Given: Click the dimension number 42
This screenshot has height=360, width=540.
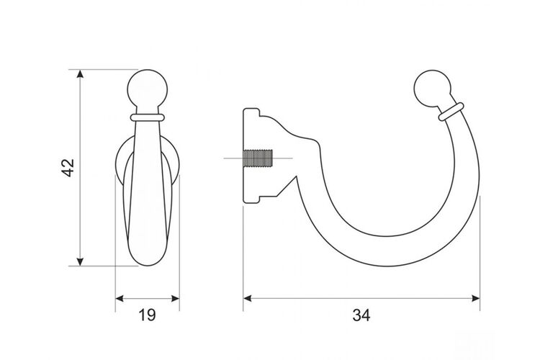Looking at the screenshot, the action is pos(68,168).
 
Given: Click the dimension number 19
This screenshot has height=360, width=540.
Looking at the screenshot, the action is pos(147,315).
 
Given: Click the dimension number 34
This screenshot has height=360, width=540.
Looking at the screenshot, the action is pos(361,315).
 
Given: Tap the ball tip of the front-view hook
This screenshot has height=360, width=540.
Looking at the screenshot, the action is pos(148,89).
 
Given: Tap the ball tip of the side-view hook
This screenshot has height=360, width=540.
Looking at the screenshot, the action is pos(432,88).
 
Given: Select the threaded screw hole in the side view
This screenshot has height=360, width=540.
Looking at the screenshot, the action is pos(258,158).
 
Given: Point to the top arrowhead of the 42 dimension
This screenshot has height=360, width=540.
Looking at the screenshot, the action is pos(80,74).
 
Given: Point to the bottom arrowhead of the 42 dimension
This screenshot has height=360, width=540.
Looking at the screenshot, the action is pos(80,261).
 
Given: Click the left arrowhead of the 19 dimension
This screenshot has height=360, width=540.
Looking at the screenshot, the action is pos(120,298).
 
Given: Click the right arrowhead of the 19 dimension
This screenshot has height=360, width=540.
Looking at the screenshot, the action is pos(175,298).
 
